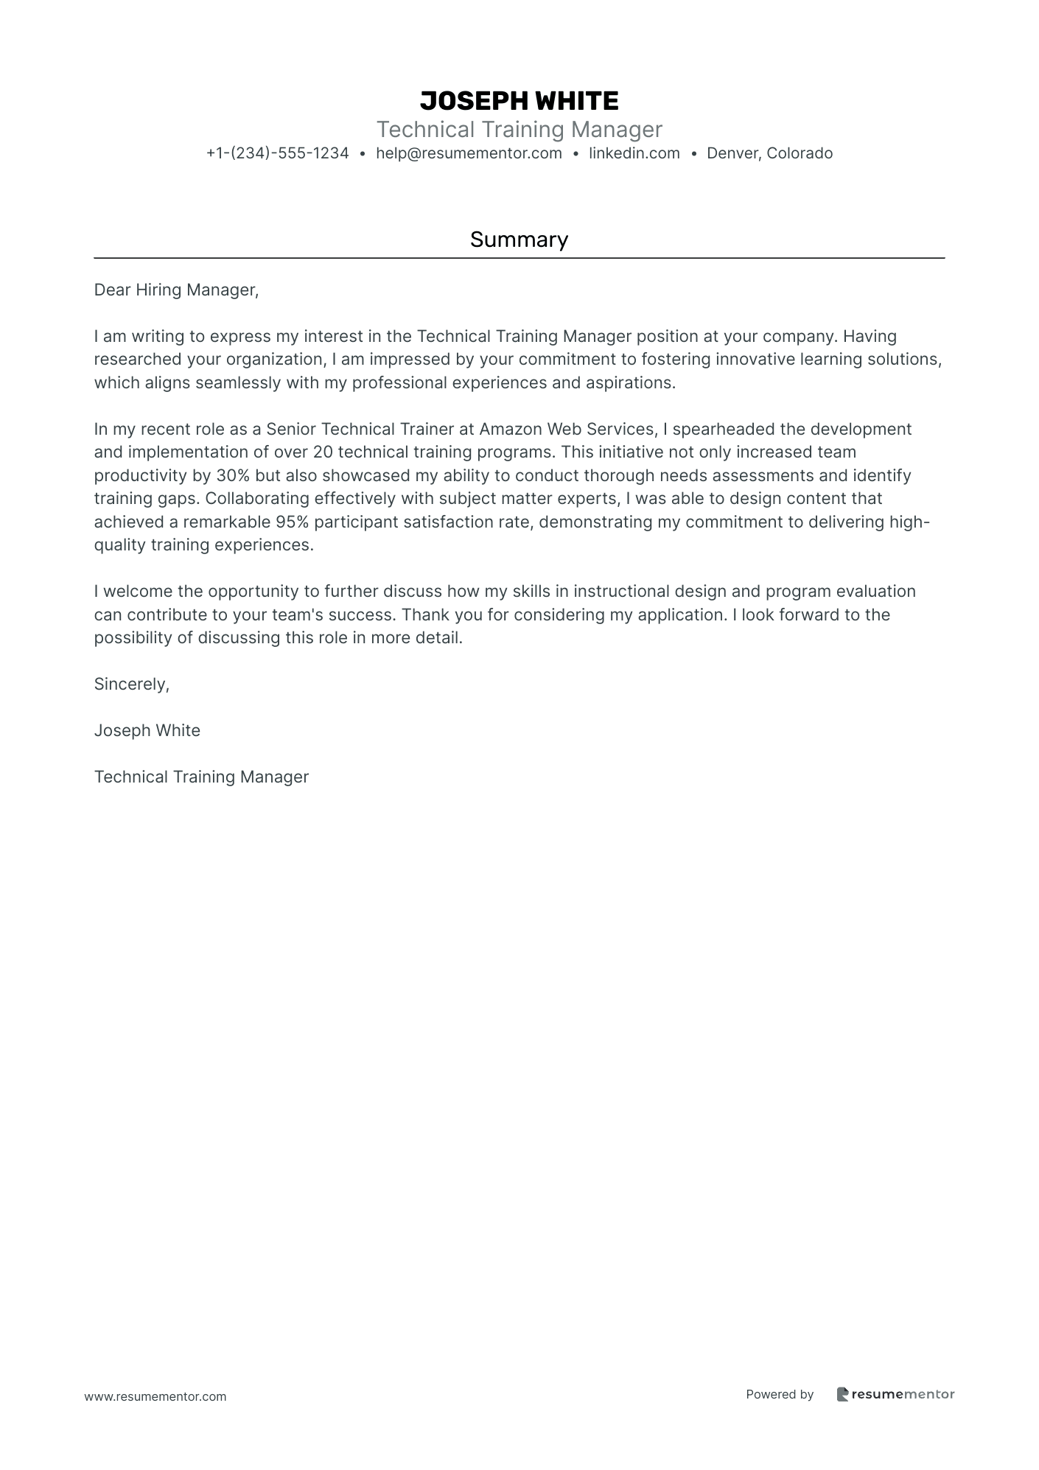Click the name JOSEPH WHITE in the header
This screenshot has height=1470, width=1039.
pyautogui.click(x=519, y=101)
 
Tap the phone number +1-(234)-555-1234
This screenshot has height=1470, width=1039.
pyautogui.click(x=277, y=153)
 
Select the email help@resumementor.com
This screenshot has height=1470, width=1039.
pyautogui.click(x=469, y=153)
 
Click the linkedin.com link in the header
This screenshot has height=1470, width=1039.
pyautogui.click(x=634, y=153)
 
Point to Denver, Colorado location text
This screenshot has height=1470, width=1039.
pyautogui.click(x=769, y=153)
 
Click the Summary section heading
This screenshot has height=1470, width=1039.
pyautogui.click(x=519, y=239)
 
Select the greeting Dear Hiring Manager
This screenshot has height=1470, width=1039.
pyautogui.click(x=176, y=290)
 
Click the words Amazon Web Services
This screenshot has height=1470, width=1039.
pyautogui.click(x=567, y=430)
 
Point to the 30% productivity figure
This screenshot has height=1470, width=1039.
pyautogui.click(x=234, y=476)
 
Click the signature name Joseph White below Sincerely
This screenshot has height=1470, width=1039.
pyautogui.click(x=147, y=731)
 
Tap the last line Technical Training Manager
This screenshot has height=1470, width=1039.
pyautogui.click(x=201, y=777)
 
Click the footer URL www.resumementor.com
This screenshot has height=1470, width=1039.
pyautogui.click(x=155, y=1396)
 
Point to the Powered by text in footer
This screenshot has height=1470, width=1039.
pyautogui.click(x=779, y=1394)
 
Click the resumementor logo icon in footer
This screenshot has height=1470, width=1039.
pyautogui.click(x=842, y=1394)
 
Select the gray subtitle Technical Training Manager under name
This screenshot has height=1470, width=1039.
pyautogui.click(x=519, y=130)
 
